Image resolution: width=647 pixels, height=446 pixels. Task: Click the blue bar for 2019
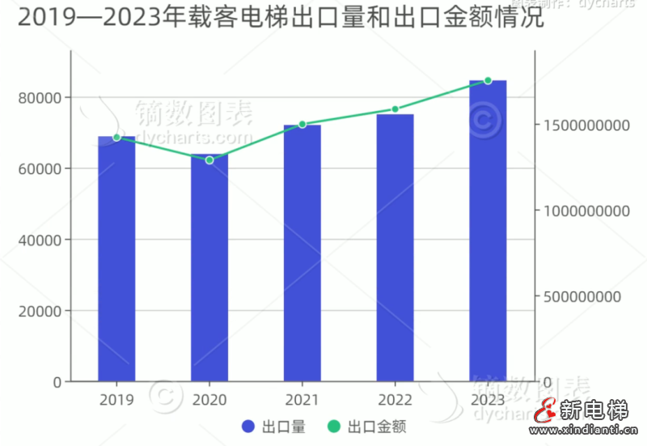pos(116,259)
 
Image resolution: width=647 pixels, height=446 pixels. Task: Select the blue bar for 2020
pos(209,267)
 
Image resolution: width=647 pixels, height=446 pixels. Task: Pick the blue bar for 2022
pos(395,248)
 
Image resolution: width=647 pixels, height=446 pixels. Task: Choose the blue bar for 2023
pos(488,231)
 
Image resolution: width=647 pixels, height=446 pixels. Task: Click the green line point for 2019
pos(116,138)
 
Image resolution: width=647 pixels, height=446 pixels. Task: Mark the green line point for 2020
pos(209,160)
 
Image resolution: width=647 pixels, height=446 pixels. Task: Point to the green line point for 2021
pos(302,125)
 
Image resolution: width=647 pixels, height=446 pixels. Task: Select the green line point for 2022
pos(395,109)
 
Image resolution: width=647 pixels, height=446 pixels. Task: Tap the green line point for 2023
pos(488,81)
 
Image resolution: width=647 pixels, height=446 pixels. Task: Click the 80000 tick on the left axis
pos(40,98)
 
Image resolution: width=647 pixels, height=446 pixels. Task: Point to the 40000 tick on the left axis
pos(40,240)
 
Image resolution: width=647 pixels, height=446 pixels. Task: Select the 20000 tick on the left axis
pos(40,311)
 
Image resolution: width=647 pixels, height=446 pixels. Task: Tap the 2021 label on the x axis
pos(302,400)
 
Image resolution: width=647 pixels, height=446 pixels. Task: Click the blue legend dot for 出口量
pos(249,427)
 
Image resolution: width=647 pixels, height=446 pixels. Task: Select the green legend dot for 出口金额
pos(333,427)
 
